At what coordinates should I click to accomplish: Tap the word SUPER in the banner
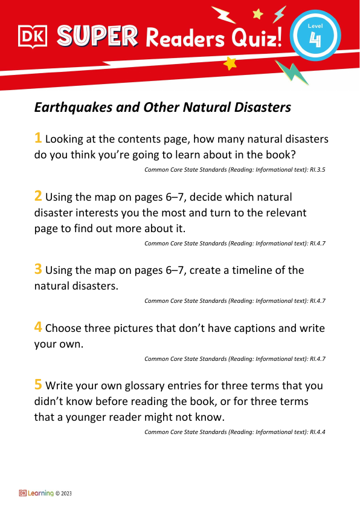click(96, 37)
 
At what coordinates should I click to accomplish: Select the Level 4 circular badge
click(315, 36)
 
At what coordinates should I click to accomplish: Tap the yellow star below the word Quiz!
click(230, 63)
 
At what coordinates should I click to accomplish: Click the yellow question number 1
click(38, 138)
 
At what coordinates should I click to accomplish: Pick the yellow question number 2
click(38, 196)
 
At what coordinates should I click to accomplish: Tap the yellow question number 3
click(38, 270)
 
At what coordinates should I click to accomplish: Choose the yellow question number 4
click(38, 328)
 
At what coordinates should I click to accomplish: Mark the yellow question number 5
click(38, 385)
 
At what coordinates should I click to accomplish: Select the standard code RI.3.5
click(317, 170)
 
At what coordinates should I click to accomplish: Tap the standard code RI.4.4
click(317, 432)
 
